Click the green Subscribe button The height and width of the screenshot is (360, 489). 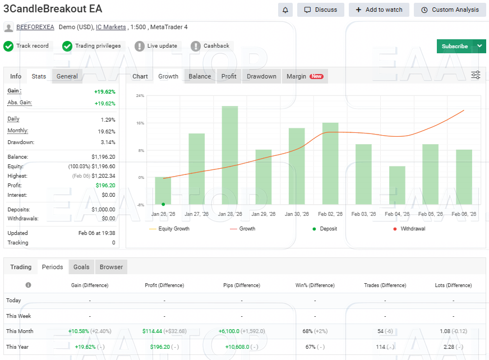point(454,47)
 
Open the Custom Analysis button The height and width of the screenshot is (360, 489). point(450,10)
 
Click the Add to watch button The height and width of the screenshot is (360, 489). point(379,10)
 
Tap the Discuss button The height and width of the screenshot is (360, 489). point(321,10)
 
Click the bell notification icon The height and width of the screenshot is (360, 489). point(285,10)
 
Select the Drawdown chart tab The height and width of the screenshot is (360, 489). point(261,76)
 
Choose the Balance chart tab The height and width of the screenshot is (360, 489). point(200,76)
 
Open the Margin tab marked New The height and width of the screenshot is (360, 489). point(305,76)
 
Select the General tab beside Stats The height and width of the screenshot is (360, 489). point(67,76)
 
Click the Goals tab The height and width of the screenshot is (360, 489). point(81,267)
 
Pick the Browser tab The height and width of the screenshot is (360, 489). point(111,267)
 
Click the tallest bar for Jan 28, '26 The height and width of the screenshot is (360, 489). point(230,155)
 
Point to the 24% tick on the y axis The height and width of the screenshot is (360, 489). point(140,96)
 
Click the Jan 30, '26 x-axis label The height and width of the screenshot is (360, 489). point(297,214)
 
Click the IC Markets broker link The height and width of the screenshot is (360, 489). point(110,27)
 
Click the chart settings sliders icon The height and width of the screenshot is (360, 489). point(476,75)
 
